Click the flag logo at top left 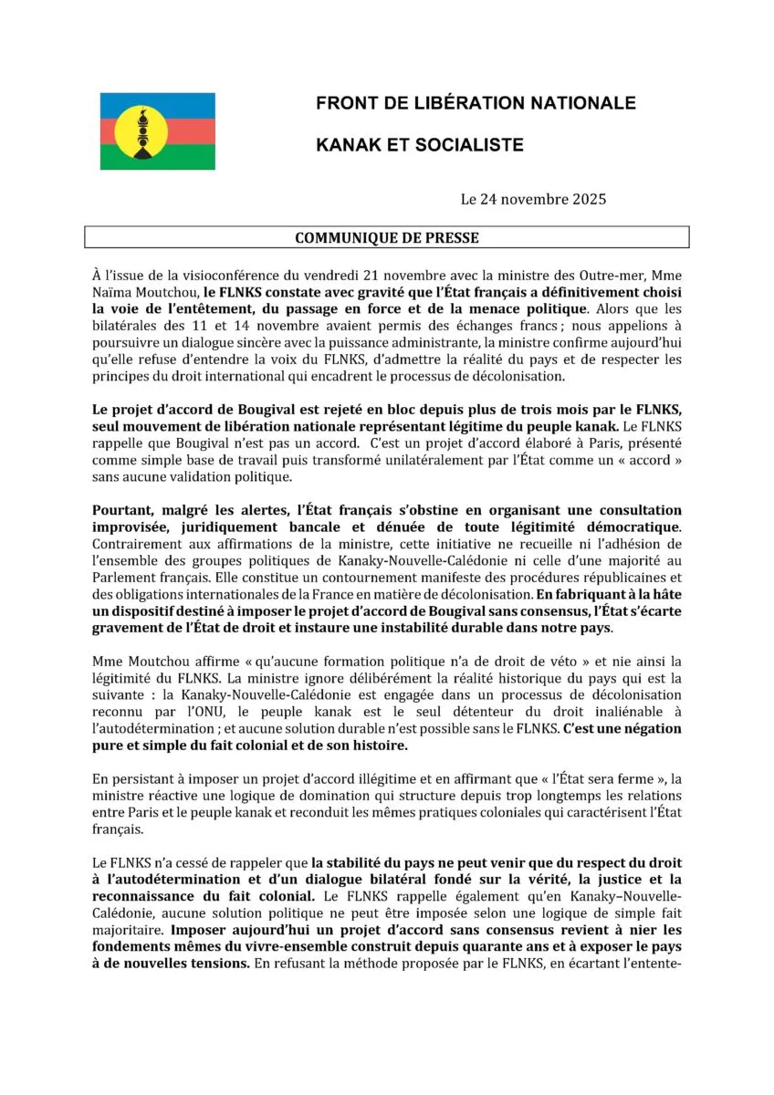click(x=157, y=130)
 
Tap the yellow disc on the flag click(x=141, y=130)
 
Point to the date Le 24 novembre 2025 click(x=533, y=199)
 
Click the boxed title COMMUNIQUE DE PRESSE click(x=386, y=237)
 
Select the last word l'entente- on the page click(x=643, y=963)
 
